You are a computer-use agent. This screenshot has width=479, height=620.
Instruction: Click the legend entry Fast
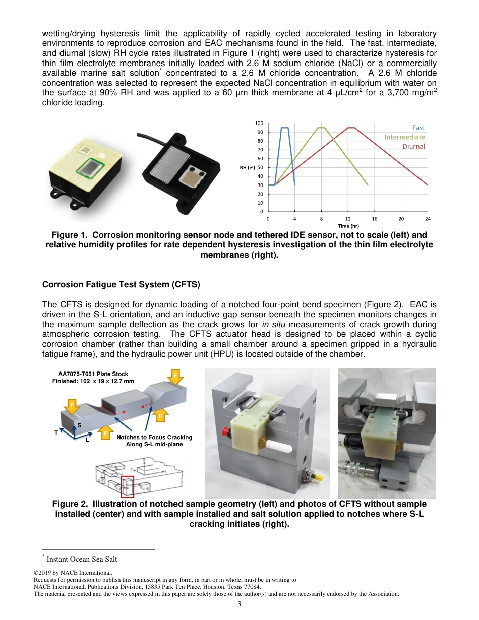pyautogui.click(x=418, y=128)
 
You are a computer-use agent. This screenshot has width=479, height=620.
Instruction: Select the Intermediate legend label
pyautogui.click(x=404, y=137)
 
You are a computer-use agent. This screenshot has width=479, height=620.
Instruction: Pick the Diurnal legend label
pyautogui.click(x=413, y=146)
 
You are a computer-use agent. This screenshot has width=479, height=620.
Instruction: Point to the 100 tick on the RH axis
pyautogui.click(x=259, y=123)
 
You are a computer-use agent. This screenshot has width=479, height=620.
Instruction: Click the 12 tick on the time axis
pyautogui.click(x=348, y=219)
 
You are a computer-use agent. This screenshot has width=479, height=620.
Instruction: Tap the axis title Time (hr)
pyautogui.click(x=348, y=226)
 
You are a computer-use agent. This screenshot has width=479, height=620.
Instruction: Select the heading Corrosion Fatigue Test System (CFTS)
pyautogui.click(x=121, y=285)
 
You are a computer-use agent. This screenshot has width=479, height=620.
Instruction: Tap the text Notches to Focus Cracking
pyautogui.click(x=154, y=437)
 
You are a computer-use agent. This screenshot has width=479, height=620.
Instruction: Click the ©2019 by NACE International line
pyautogui.click(x=73, y=573)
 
